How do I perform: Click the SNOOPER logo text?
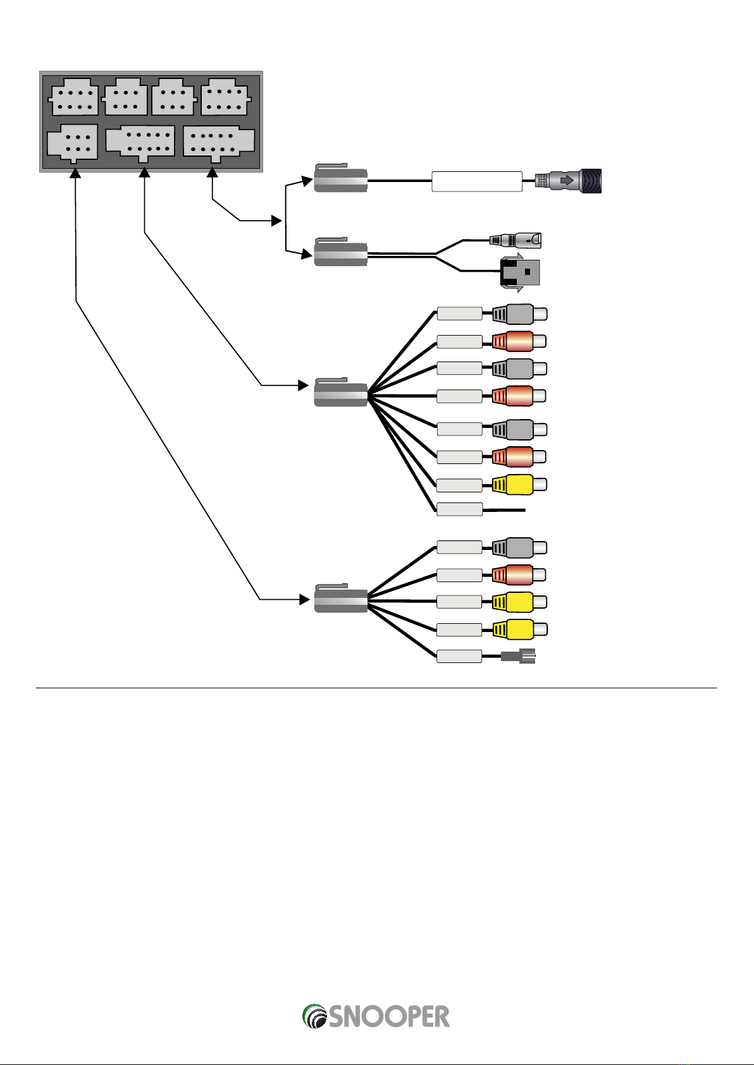pos(389,1016)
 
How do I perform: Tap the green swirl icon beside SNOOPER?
pos(314,1016)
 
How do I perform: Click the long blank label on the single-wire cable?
pos(477,181)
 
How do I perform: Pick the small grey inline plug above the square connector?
pos(516,240)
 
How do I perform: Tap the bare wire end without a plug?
pos(504,509)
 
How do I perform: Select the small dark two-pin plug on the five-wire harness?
pos(518,656)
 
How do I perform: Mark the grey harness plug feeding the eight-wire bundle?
pos(341,393)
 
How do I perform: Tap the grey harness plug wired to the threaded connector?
pos(341,180)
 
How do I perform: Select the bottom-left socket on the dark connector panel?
pos(73,143)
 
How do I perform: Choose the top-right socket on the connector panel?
pos(225,99)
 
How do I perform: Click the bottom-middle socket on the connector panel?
pos(140,142)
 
